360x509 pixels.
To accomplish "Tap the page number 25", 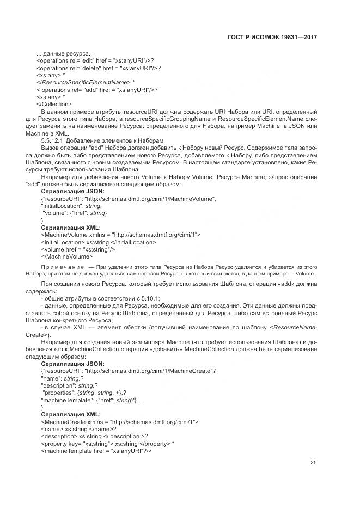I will (313, 463).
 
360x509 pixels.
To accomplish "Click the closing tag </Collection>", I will (54, 104).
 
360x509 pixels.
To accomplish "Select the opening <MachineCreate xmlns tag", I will (120, 421).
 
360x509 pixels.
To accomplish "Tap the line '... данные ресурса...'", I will (64, 53).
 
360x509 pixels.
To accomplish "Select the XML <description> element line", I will (94, 436).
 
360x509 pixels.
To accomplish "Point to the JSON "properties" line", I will (84, 393).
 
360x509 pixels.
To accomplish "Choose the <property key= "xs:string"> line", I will (107, 443).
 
